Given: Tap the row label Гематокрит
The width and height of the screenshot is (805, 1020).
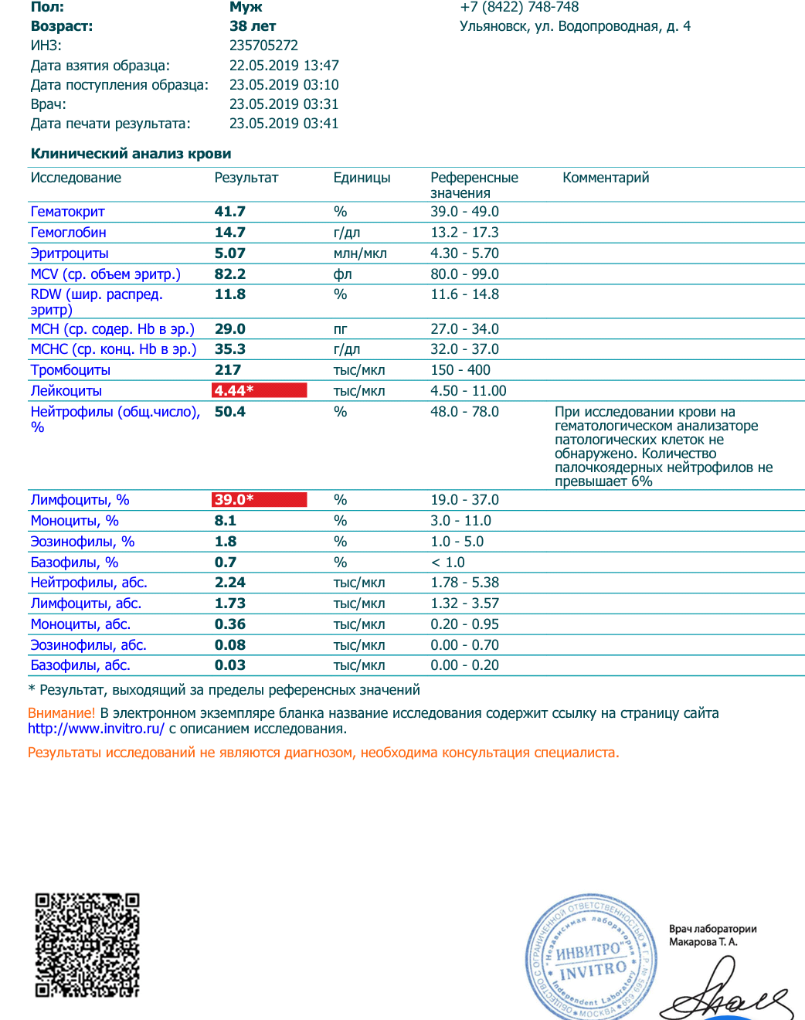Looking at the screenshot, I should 67,212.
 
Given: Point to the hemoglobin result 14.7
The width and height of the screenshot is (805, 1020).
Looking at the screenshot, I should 230,233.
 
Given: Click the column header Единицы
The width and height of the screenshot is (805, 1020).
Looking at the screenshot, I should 362,178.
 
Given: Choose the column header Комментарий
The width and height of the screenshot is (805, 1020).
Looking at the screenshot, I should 606,178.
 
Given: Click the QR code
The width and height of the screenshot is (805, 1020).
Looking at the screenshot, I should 87,945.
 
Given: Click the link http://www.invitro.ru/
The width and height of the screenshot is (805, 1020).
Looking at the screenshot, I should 96,729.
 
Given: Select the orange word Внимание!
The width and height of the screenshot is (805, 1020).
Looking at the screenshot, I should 61,713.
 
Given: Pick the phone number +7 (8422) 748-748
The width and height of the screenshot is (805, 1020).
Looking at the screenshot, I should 519,7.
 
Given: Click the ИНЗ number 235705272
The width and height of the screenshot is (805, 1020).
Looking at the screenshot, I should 263,46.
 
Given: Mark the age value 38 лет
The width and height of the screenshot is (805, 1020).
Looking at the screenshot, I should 253,26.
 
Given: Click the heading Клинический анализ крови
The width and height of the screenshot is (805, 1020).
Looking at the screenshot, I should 131,154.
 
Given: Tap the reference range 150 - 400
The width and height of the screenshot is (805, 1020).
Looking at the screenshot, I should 460,370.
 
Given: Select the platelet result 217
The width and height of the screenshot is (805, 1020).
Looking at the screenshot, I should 228,370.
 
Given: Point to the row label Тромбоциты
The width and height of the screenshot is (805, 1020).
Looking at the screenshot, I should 70,370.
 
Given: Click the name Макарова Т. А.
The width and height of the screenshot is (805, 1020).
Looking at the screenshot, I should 703,942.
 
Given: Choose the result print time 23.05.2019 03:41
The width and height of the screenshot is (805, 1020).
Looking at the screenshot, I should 284,124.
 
